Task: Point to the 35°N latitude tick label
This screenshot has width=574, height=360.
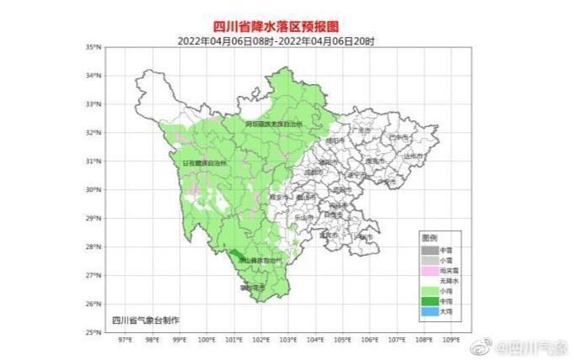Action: coord(95,47)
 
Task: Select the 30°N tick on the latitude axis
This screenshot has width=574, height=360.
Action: coord(95,189)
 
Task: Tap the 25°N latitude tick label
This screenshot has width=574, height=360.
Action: coord(95,332)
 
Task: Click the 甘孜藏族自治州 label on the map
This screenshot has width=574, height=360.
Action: coord(205,161)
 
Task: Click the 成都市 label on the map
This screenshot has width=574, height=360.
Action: coord(313,172)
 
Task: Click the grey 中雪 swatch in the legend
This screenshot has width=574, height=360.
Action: coord(429,250)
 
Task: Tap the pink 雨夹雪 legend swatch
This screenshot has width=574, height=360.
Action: coord(429,270)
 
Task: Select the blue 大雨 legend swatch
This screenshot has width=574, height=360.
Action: coord(429,310)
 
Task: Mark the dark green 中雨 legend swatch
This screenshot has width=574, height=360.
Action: coord(429,300)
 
